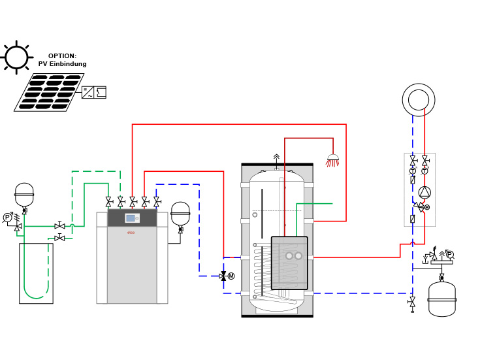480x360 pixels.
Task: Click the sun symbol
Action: pyautogui.click(x=16, y=57)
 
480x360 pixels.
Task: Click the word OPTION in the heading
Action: pyautogui.click(x=62, y=56)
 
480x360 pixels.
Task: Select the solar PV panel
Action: pyautogui.click(x=49, y=92)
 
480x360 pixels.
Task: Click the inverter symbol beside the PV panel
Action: pyautogui.click(x=94, y=92)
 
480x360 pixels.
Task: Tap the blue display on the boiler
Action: pyautogui.click(x=131, y=218)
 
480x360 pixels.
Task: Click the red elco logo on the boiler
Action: pyautogui.click(x=131, y=233)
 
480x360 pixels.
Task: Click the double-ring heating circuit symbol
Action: pyautogui.click(x=419, y=100)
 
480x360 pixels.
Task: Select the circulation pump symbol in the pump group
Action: pyautogui.click(x=424, y=192)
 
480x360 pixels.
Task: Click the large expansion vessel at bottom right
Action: pyautogui.click(x=441, y=299)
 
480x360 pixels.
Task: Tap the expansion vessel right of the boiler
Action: pyautogui.click(x=180, y=214)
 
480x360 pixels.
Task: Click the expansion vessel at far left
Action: pyautogui.click(x=24, y=195)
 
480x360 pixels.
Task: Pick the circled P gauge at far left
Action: pyautogui.click(x=7, y=218)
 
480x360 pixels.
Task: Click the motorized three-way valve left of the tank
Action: pyautogui.click(x=224, y=276)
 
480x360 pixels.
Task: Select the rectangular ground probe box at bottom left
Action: pyautogui.click(x=36, y=273)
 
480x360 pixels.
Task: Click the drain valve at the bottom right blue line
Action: pyautogui.click(x=412, y=302)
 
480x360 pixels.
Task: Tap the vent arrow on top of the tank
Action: pyautogui.click(x=276, y=157)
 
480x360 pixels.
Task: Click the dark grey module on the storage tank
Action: pyautogui.click(x=289, y=263)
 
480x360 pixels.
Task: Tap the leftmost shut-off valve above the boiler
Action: pyautogui.click(x=108, y=201)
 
